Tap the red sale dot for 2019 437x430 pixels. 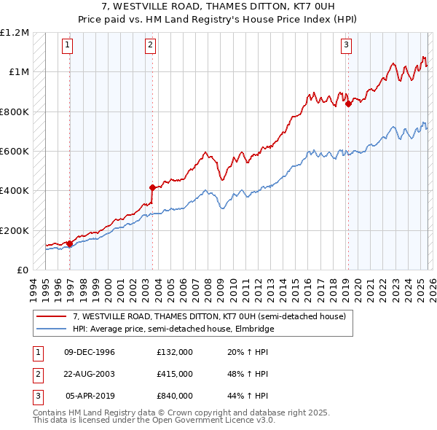[348, 103]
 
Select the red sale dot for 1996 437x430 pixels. [69, 243]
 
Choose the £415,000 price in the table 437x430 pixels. [174, 374]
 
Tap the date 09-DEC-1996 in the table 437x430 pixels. [90, 352]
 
